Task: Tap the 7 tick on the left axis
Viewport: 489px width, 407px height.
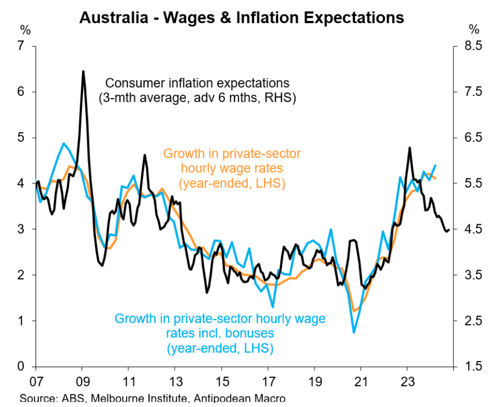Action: pos(22,46)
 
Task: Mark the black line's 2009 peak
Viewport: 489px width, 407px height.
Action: pos(83,71)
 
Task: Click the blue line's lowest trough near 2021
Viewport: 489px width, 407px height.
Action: pos(354,332)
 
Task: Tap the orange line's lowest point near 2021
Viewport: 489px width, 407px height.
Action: pos(354,311)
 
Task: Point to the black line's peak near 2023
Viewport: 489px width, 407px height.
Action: pos(409,148)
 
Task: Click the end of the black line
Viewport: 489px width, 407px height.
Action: pos(449,230)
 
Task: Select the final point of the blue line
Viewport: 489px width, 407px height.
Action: pos(435,165)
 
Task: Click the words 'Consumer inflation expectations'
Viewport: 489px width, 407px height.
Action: pos(197,84)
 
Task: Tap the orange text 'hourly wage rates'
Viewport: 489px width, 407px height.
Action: pos(232,168)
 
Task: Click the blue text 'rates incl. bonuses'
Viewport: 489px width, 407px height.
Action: pos(220,334)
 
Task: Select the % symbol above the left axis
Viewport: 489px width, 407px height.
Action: pos(25,29)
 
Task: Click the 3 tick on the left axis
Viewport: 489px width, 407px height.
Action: pos(22,230)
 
